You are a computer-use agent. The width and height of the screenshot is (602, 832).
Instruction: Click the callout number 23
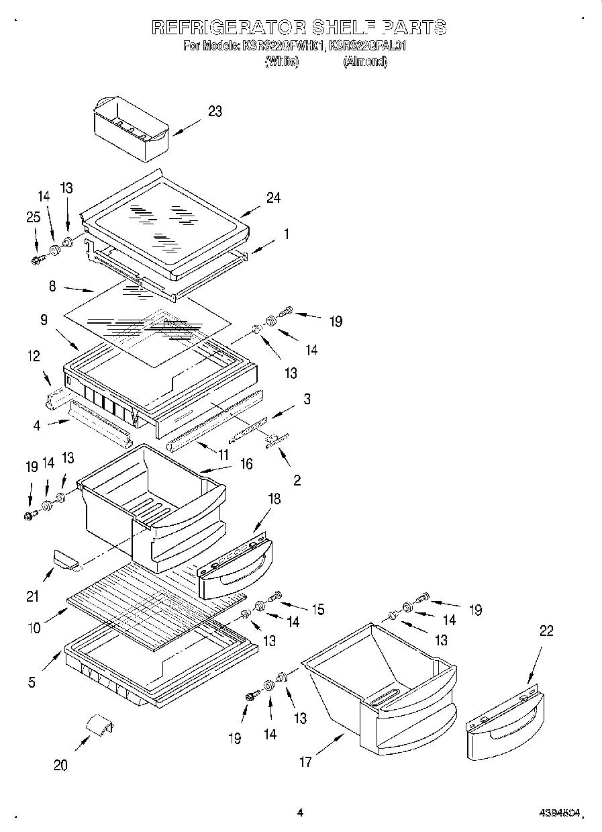click(215, 111)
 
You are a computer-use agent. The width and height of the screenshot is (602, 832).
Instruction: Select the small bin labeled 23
click(130, 128)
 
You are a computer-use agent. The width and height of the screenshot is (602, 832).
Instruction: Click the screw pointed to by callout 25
click(38, 259)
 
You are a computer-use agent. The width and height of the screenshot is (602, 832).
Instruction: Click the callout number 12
click(33, 357)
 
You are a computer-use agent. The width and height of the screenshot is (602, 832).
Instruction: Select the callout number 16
click(246, 464)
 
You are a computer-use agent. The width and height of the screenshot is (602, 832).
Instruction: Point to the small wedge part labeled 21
click(65, 557)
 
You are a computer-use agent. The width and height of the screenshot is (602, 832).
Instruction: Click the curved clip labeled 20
click(99, 727)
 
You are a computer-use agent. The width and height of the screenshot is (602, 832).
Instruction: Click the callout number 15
click(317, 609)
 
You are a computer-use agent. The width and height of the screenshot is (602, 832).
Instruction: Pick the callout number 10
click(34, 629)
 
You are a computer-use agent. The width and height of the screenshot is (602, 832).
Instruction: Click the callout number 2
click(297, 480)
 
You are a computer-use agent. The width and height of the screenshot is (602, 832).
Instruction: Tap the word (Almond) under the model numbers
click(365, 61)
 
